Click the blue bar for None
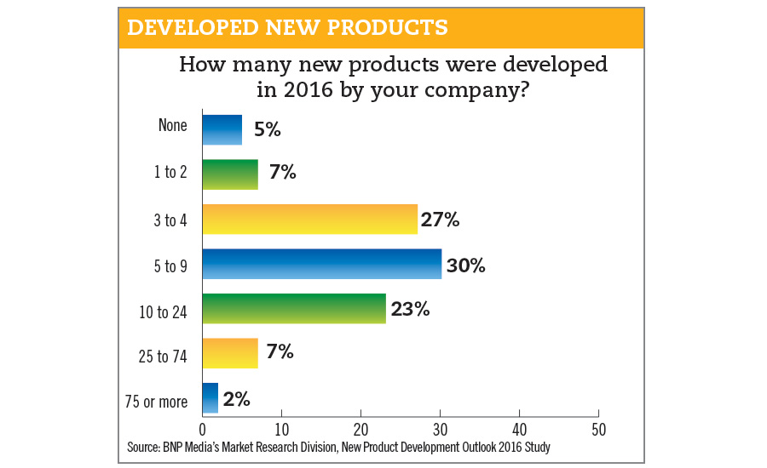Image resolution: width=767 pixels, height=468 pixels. tap(222, 130)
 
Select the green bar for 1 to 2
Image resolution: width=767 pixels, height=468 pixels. tap(229, 174)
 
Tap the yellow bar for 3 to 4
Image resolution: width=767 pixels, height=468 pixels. tap(309, 220)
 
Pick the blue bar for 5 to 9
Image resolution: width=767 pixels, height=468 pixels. tap(321, 265)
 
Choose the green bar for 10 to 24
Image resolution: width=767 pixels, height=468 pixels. tap(293, 309)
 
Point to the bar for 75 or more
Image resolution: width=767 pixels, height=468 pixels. tap(210, 397)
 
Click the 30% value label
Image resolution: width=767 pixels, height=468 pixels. tap(466, 265)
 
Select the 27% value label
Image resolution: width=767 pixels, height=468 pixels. tap(441, 220)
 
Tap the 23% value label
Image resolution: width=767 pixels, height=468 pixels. tap(410, 309)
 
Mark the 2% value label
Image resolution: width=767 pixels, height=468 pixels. tap(236, 398)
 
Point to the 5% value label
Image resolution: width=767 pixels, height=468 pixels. tap(265, 130)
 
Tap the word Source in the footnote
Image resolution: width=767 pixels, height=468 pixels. tap(144, 446)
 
